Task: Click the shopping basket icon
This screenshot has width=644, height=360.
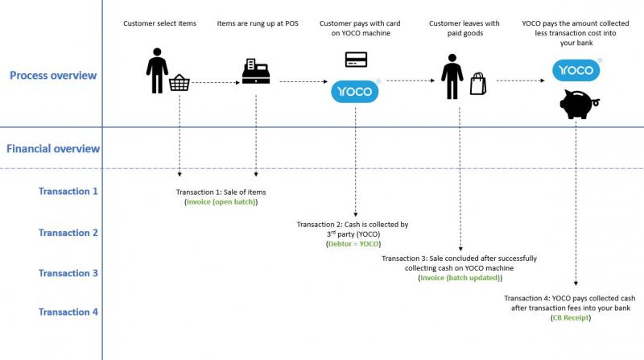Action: tap(180, 82)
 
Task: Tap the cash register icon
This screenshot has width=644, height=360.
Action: tap(256, 72)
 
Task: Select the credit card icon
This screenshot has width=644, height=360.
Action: tap(356, 60)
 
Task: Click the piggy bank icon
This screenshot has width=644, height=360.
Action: tap(578, 105)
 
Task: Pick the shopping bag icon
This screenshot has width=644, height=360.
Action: tap(478, 84)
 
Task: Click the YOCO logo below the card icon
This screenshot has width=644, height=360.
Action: tap(355, 91)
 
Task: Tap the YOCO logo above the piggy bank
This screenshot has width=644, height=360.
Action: tap(576, 70)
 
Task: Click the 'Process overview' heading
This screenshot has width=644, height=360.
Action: tap(53, 76)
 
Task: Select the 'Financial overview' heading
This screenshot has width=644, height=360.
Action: tap(53, 149)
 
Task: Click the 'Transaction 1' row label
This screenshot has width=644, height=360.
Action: tap(68, 192)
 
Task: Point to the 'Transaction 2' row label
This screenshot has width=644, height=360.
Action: tap(68, 233)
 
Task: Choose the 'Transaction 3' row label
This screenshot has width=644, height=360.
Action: tap(68, 273)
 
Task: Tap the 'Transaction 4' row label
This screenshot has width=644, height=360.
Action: tap(68, 312)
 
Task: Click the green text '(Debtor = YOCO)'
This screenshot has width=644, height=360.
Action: tap(353, 243)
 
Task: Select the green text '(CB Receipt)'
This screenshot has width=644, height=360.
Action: tap(571, 317)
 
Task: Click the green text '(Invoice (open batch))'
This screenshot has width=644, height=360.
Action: tap(221, 201)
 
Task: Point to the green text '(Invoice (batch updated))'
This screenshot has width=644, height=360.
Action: tap(460, 277)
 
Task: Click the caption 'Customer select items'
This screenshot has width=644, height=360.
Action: tap(159, 23)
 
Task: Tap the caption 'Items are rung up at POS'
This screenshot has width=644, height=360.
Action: tap(258, 23)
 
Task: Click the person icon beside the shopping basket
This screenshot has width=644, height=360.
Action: tap(156, 71)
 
